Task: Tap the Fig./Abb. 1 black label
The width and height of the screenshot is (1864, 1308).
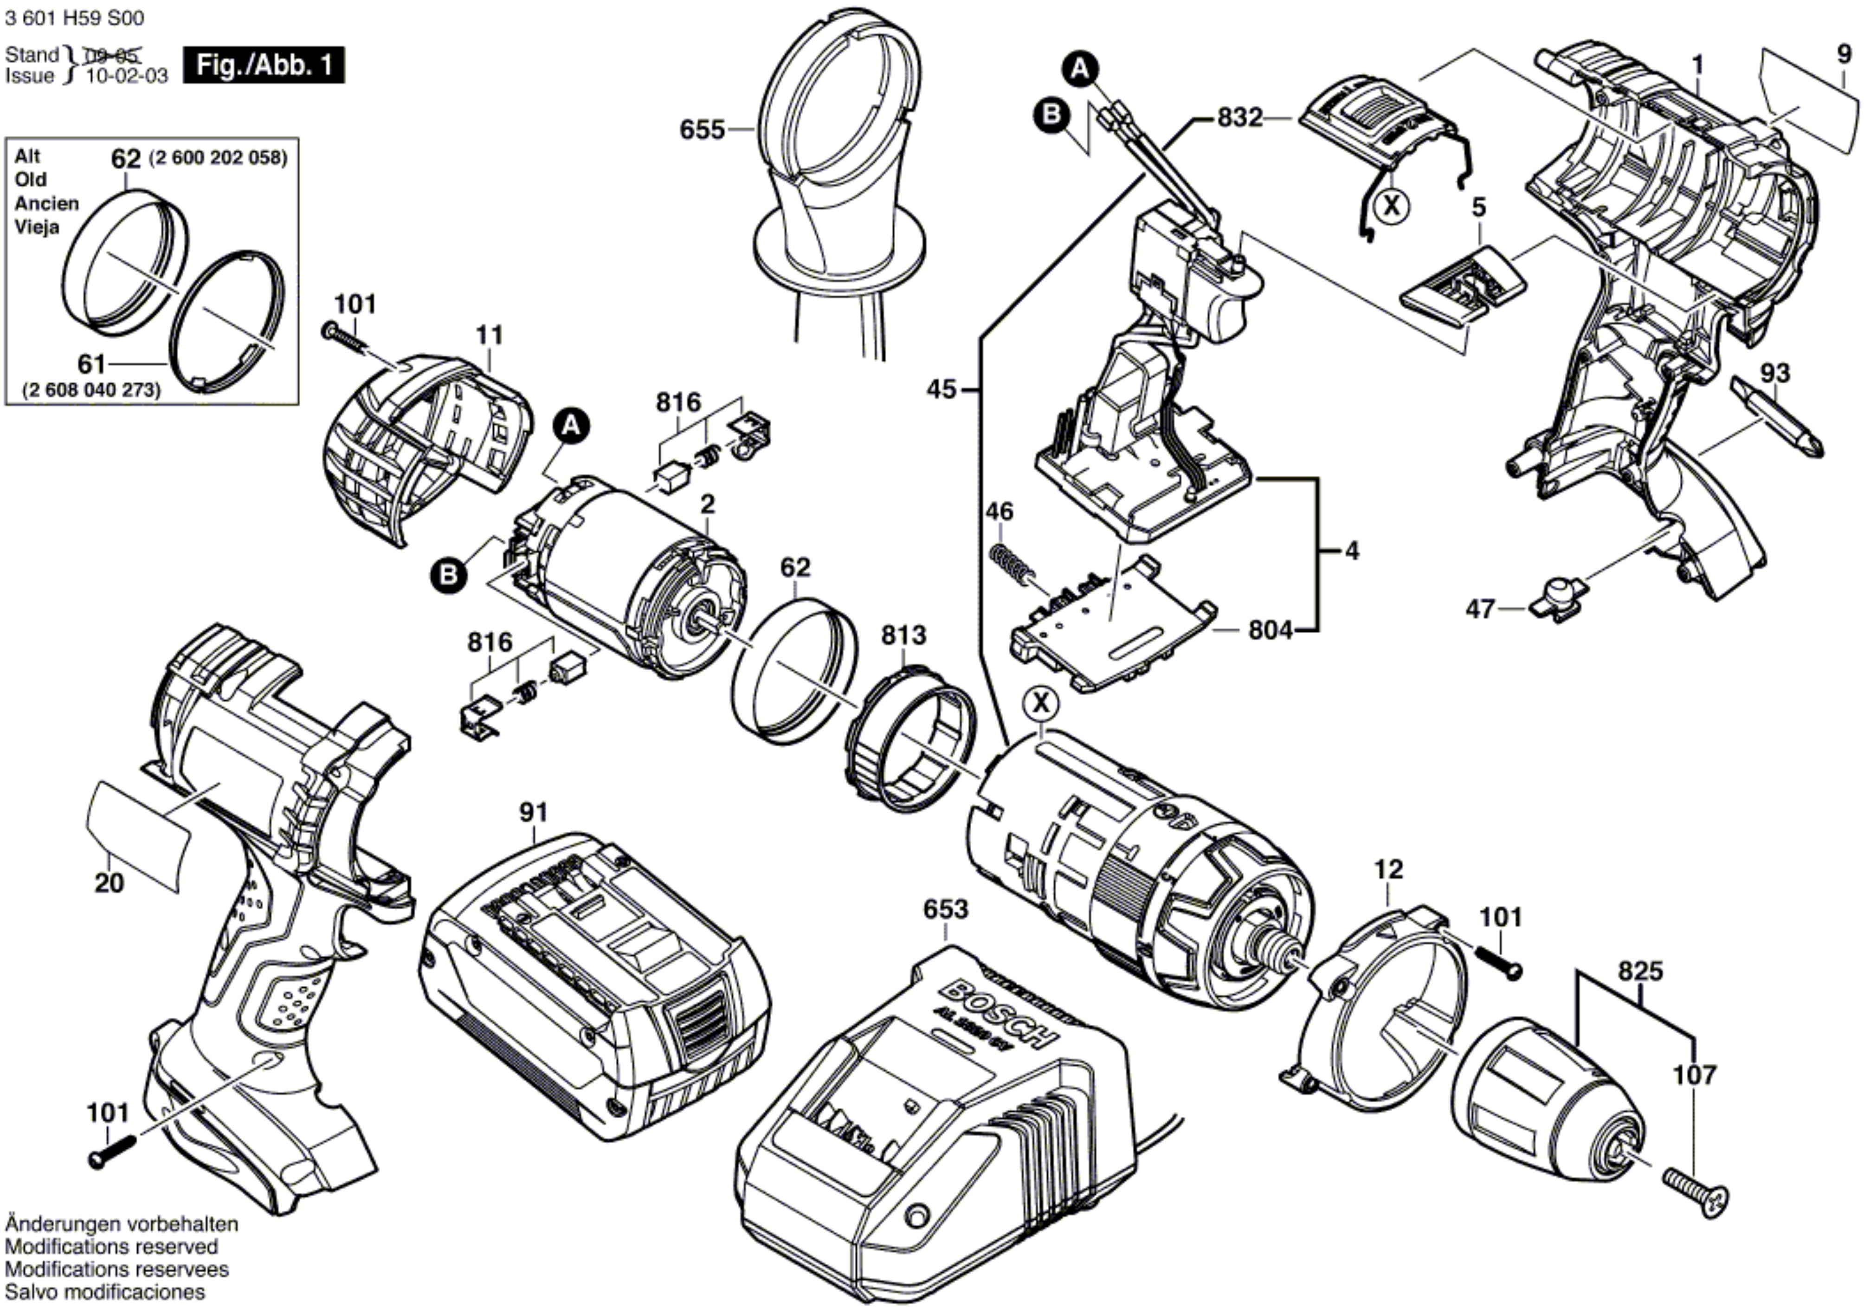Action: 264,65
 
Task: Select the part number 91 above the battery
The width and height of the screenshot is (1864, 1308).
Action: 533,812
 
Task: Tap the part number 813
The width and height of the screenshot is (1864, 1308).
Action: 903,635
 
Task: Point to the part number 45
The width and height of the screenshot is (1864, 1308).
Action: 942,390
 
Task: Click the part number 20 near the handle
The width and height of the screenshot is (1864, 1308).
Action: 110,882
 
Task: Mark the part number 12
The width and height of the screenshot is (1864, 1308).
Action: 1388,869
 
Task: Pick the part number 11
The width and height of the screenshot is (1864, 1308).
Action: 490,335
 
